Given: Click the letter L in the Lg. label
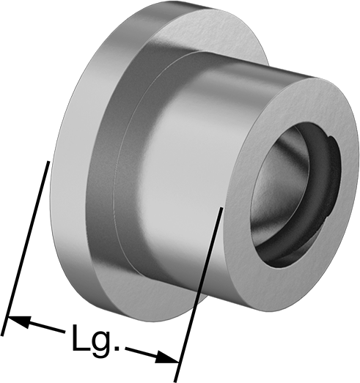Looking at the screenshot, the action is [81, 338].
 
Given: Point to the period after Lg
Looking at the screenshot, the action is [117, 349].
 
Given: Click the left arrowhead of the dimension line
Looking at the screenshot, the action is [19, 321].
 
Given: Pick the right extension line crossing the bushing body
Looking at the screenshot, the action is [198, 294].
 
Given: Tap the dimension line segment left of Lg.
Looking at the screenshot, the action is [36, 325].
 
